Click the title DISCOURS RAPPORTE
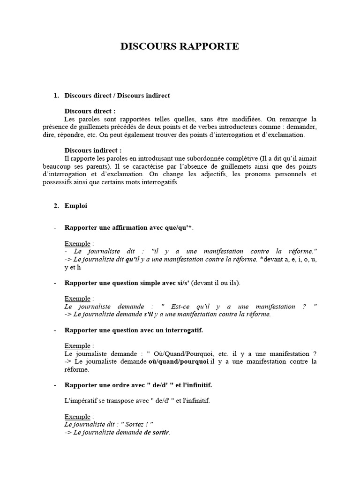[x=180, y=46]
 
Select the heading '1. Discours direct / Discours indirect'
[x=117, y=96]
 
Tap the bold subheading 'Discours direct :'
[x=90, y=111]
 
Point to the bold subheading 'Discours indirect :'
[x=93, y=150]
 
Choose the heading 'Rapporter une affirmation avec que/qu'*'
[x=128, y=228]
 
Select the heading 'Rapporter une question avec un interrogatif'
[x=134, y=330]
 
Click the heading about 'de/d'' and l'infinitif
[x=138, y=385]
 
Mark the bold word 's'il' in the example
[x=147, y=314]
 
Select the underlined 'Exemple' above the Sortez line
[x=77, y=416]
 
